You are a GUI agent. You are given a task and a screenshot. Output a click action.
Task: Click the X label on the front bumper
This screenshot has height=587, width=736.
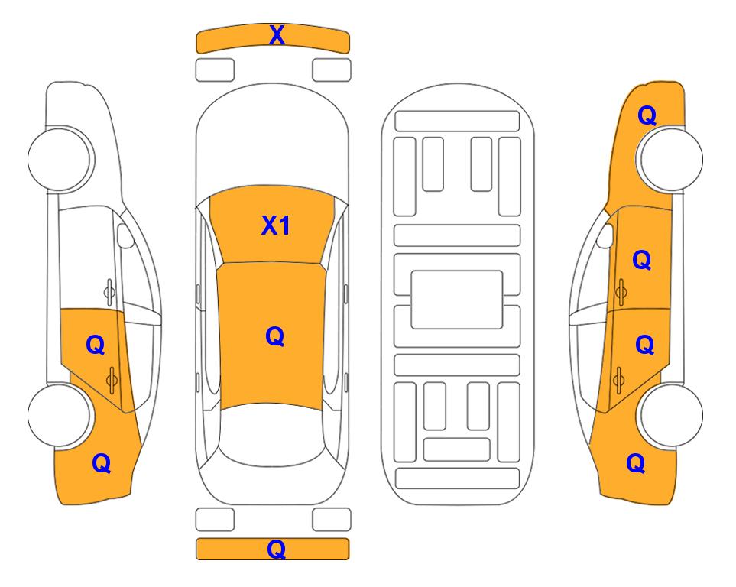tap(277, 35)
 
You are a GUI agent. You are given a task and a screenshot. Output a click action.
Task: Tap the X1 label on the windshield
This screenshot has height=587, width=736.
tap(276, 225)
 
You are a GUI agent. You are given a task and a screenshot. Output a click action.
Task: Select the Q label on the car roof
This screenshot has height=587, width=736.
tap(275, 336)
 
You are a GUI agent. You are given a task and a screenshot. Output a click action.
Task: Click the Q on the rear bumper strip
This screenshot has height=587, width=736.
tap(277, 549)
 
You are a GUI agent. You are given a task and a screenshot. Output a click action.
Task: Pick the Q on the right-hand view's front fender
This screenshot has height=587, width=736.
tap(647, 115)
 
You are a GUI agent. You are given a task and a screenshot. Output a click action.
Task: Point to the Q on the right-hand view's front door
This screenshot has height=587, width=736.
tap(642, 260)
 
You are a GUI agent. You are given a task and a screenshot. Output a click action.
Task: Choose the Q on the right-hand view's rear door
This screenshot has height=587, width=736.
tap(644, 345)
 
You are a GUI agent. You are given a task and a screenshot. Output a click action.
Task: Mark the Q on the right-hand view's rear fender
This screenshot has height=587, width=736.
tap(636, 463)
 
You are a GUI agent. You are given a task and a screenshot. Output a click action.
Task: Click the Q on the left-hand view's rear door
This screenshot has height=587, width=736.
tap(96, 345)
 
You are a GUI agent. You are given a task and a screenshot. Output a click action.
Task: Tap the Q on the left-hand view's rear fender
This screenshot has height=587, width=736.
tap(102, 463)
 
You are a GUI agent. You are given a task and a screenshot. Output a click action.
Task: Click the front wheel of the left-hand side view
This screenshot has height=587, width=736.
tap(60, 159)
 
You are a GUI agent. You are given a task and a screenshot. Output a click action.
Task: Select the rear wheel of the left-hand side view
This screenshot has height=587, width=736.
tap(60, 415)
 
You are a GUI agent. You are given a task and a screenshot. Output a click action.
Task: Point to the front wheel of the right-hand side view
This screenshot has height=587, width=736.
tap(670, 159)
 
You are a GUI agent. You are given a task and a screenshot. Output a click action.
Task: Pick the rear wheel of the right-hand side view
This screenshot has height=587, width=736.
tap(670, 415)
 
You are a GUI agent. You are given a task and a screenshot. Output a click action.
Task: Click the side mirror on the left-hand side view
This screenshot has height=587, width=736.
tap(125, 235)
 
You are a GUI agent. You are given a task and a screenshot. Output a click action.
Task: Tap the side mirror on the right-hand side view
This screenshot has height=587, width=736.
tap(605, 235)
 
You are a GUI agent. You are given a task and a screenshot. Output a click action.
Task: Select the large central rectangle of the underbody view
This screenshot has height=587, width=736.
tap(457, 300)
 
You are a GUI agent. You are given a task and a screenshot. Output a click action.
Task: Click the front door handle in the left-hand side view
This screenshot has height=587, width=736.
tap(109, 292)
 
